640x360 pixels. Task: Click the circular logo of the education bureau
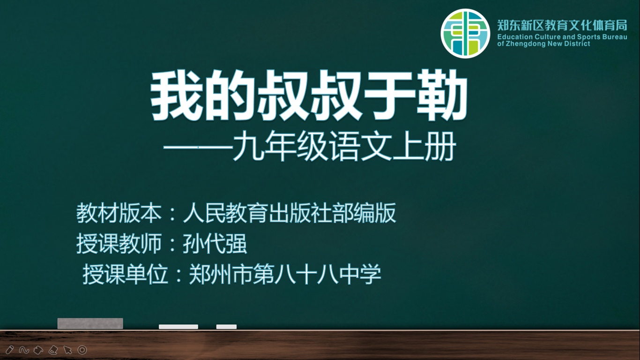pyautogui.click(x=465, y=33)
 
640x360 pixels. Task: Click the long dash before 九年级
pyautogui.click(x=198, y=148)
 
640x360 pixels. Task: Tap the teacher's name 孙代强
pyautogui.click(x=215, y=244)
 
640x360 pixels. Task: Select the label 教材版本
pyautogui.click(x=119, y=213)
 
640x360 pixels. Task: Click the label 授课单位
pyautogui.click(x=125, y=274)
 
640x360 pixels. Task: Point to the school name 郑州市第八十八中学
pyautogui.click(x=285, y=274)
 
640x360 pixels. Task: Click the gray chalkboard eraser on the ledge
pyautogui.click(x=90, y=323)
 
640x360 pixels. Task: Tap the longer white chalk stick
pyautogui.click(x=179, y=327)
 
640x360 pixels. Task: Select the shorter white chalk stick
pyautogui.click(x=226, y=327)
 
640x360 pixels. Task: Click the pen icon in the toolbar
pyautogui.click(x=9, y=350)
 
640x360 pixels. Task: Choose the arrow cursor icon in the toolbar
pyautogui.click(x=68, y=350)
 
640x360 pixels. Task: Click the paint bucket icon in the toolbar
pyautogui.click(x=38, y=350)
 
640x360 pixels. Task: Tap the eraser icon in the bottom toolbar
pyautogui.click(x=53, y=350)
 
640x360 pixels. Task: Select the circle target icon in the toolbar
pyautogui.click(x=82, y=350)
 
